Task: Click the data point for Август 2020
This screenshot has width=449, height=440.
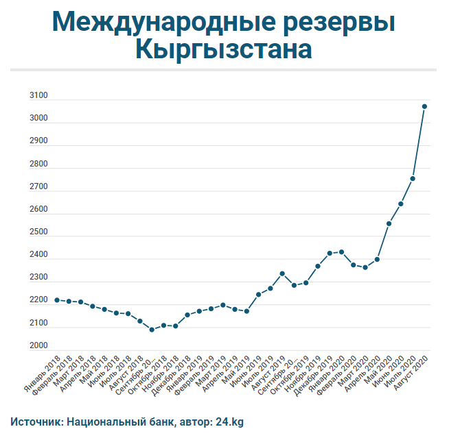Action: [425, 106]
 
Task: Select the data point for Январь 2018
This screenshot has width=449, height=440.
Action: [57, 300]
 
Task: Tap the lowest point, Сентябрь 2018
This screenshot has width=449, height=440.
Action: [152, 330]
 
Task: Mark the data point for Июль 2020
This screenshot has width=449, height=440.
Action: [413, 179]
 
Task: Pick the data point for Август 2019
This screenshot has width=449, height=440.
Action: [282, 273]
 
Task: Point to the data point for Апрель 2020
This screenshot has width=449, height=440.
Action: [377, 260]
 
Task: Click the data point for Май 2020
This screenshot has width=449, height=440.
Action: [389, 223]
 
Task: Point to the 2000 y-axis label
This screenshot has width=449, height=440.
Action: [38, 346]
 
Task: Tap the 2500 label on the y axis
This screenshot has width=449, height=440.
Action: [38, 232]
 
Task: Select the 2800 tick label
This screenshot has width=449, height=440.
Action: [38, 164]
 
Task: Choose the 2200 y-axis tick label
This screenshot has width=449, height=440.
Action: [38, 301]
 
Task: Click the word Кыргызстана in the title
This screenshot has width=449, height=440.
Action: [224, 49]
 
